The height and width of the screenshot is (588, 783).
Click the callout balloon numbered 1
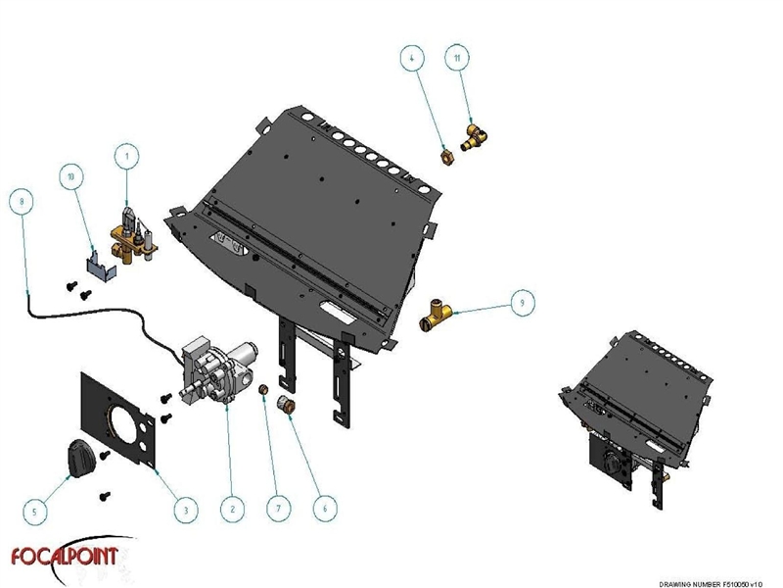pyautogui.click(x=125, y=154)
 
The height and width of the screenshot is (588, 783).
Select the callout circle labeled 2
pyautogui.click(x=231, y=508)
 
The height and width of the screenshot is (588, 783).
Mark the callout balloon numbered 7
pyautogui.click(x=279, y=508)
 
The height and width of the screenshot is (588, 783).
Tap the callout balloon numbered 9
pyautogui.click(x=523, y=304)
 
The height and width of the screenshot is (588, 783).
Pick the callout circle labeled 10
pyautogui.click(x=70, y=177)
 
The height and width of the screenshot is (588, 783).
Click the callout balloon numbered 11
pyautogui.click(x=456, y=58)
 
